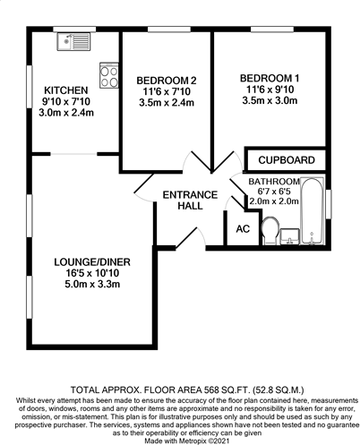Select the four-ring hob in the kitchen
(x=109, y=76)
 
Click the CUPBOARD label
(x=286, y=160)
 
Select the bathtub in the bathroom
(x=313, y=214)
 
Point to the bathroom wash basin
(x=289, y=236)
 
